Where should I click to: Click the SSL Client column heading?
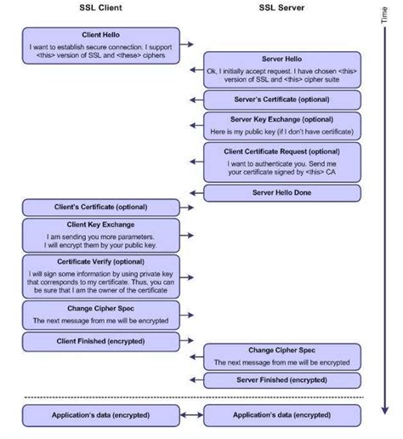click(x=100, y=8)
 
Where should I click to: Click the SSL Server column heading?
click(x=281, y=8)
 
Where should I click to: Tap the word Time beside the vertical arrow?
click(x=384, y=15)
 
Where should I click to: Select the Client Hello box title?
click(x=100, y=35)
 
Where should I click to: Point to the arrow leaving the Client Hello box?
click(x=187, y=44)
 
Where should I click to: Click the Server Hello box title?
click(x=281, y=59)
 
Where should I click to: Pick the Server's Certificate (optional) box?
click(x=282, y=100)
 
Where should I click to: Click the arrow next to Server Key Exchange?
click(x=196, y=125)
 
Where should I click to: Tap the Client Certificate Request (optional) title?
click(x=281, y=151)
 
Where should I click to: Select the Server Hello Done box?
click(x=282, y=193)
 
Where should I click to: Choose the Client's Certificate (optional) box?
click(x=101, y=208)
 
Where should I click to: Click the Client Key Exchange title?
click(x=100, y=225)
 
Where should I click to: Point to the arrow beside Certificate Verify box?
click(x=187, y=277)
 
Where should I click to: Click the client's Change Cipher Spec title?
click(x=100, y=309)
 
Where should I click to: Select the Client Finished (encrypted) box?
click(x=101, y=342)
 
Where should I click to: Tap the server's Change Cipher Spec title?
click(x=281, y=351)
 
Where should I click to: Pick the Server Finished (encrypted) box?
click(x=282, y=380)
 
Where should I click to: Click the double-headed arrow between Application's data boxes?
click(x=191, y=415)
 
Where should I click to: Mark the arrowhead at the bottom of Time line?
click(x=384, y=410)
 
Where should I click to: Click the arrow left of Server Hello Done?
click(x=196, y=193)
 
